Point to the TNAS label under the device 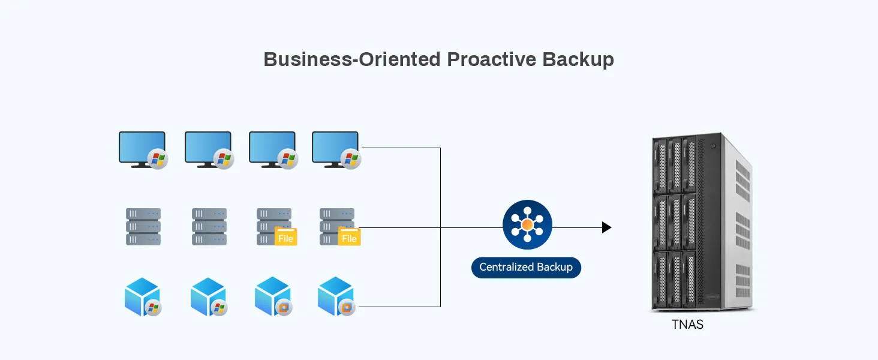tap(687, 325)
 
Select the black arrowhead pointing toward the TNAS tap(606, 227)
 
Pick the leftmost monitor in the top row tap(142, 148)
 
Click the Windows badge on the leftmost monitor tap(158, 159)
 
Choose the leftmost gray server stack tap(143, 226)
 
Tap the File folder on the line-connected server tap(349, 236)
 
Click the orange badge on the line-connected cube tap(346, 307)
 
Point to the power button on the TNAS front tap(712, 146)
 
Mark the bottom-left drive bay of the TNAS tap(660, 279)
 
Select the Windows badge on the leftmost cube tap(154, 308)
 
